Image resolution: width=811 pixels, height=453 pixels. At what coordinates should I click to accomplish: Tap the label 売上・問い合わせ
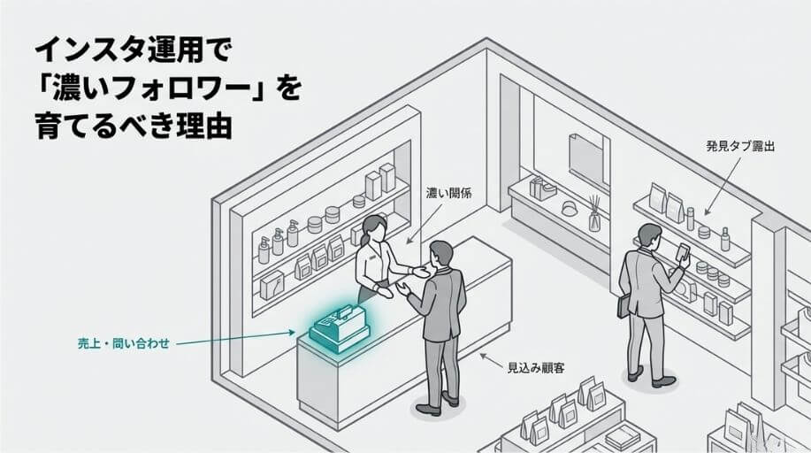[x=119, y=343]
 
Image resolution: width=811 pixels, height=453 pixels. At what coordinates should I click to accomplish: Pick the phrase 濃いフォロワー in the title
[x=156, y=89]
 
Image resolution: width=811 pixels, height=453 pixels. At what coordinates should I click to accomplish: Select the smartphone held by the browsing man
[x=682, y=252]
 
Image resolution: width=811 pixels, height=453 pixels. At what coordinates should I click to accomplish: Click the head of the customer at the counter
[x=440, y=257]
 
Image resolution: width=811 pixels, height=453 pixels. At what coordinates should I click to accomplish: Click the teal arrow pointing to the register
[x=239, y=338]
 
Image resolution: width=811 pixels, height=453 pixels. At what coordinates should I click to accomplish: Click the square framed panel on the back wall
[x=587, y=159]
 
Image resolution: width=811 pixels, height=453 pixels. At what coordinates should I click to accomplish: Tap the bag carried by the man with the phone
[x=624, y=303]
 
